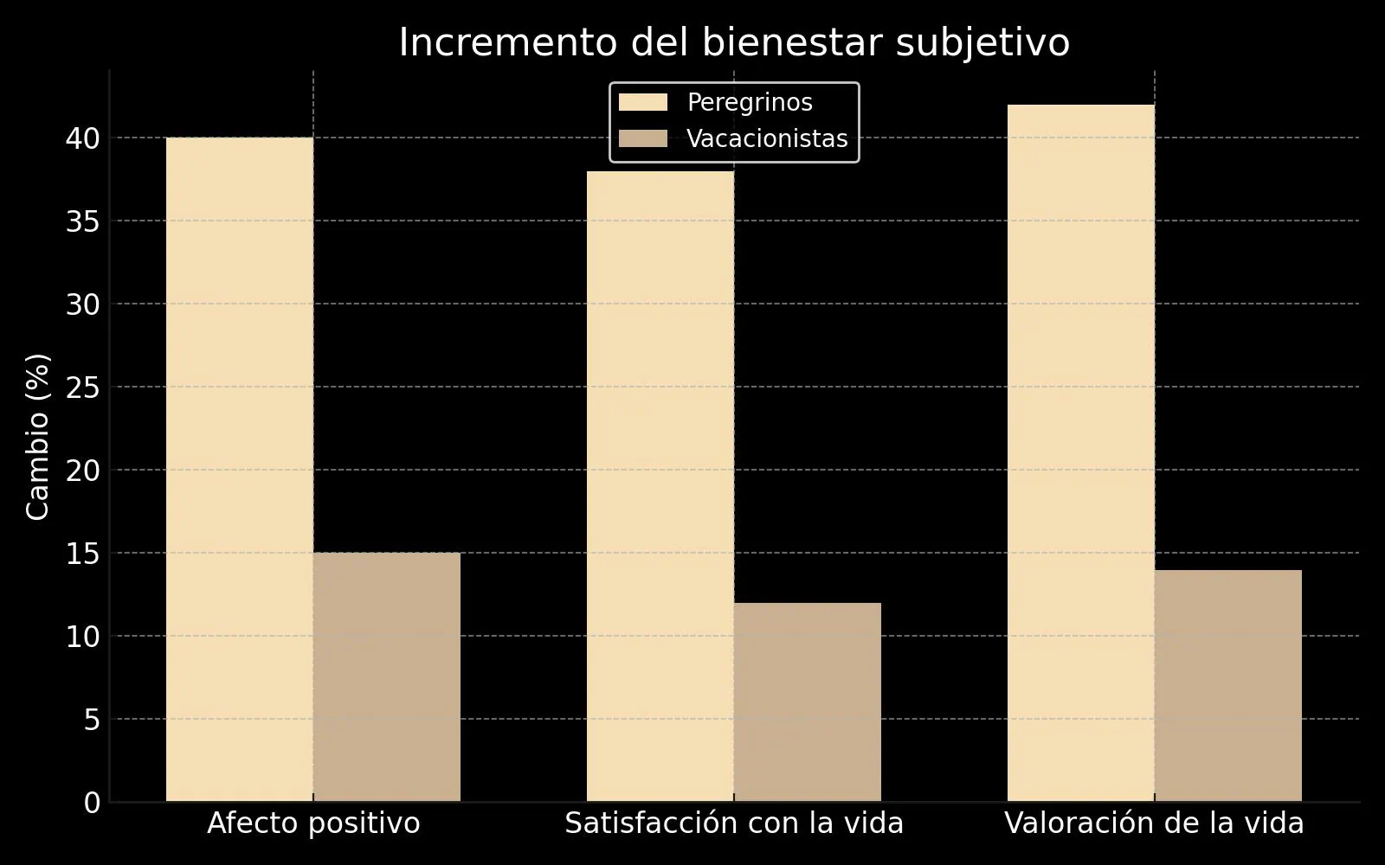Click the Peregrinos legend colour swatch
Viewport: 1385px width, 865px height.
(x=643, y=103)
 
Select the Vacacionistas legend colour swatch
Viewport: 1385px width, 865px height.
(x=643, y=139)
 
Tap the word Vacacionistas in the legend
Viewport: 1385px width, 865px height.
(x=767, y=139)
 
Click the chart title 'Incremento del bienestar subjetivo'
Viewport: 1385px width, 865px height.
(x=734, y=43)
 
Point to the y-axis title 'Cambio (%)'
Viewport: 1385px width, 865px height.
(x=38, y=436)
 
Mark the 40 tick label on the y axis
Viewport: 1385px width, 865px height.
(x=83, y=138)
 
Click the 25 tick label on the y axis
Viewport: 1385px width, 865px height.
(x=83, y=388)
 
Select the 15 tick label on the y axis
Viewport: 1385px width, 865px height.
(x=83, y=554)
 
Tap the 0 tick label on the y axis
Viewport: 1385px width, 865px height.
(x=92, y=803)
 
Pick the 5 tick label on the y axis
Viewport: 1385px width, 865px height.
(x=92, y=720)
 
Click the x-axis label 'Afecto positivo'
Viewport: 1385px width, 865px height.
(x=313, y=823)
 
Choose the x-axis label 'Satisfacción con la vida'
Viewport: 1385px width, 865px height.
(x=734, y=823)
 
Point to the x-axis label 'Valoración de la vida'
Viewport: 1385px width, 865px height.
(x=1154, y=823)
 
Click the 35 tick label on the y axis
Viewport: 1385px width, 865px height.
(x=83, y=221)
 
